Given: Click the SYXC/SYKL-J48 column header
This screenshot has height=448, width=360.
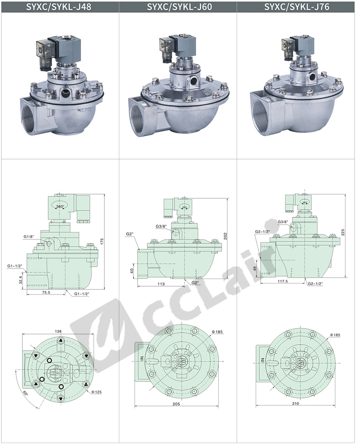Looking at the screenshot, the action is click(x=59, y=6).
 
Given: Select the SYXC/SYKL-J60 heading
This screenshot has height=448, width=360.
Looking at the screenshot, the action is click(x=180, y=6).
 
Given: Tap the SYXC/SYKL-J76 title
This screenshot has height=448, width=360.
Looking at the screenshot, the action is click(x=297, y=6).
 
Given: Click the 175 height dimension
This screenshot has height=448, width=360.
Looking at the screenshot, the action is click(x=102, y=242).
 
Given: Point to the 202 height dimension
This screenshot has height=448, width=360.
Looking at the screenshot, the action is click(x=226, y=236).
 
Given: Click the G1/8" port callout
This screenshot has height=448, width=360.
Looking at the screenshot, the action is click(x=29, y=237).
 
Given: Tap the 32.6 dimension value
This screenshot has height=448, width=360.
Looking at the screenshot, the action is click(x=20, y=279).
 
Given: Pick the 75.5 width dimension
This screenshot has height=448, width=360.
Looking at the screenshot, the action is click(x=46, y=292).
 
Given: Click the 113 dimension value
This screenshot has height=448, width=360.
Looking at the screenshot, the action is click(x=161, y=284).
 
